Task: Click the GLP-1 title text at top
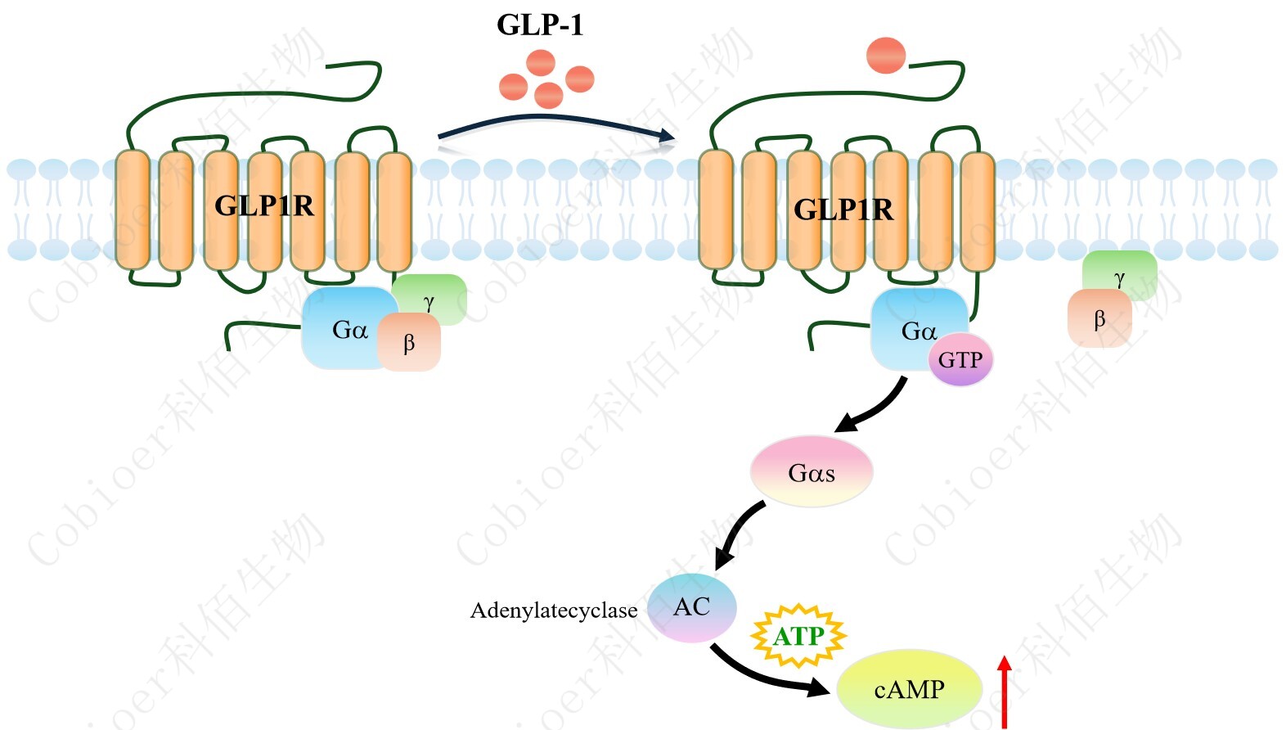(x=540, y=25)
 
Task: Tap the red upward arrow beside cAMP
(x=1005, y=692)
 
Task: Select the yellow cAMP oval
(x=909, y=689)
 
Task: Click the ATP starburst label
(x=798, y=636)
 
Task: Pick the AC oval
(x=692, y=607)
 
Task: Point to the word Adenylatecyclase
(x=553, y=611)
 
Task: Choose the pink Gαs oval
(x=811, y=472)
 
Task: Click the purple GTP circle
(x=960, y=359)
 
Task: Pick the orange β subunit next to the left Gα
(x=409, y=343)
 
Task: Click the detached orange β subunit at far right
(x=1099, y=319)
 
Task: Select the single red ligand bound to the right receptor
(x=885, y=56)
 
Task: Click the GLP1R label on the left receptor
(x=263, y=205)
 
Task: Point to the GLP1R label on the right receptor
(x=843, y=210)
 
